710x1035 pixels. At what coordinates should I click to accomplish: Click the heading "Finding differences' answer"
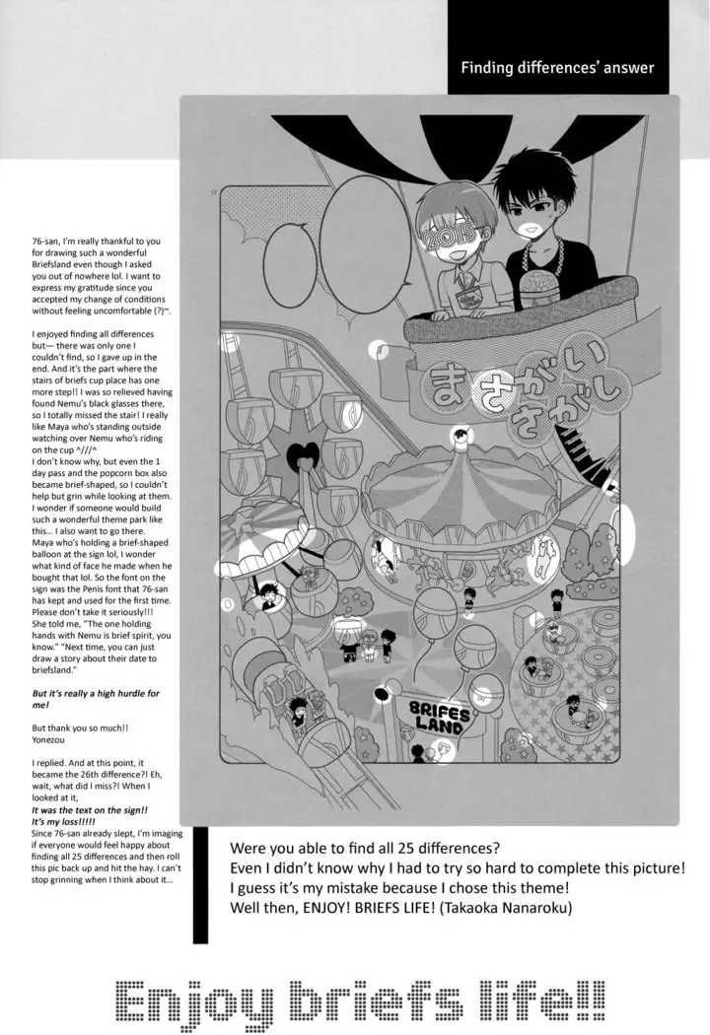tap(557, 68)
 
